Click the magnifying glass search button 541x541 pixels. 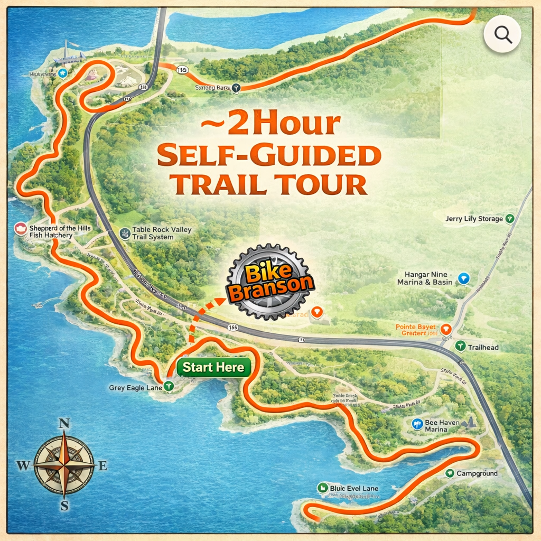click(x=502, y=35)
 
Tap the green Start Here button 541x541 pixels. click(x=213, y=368)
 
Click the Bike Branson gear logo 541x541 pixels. click(x=270, y=282)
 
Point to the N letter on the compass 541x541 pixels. click(x=64, y=424)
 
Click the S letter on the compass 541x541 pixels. click(x=64, y=506)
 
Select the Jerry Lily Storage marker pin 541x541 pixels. click(x=510, y=218)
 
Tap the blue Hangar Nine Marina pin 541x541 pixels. click(x=463, y=278)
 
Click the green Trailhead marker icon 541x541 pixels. click(x=460, y=347)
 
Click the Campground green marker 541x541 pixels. click(x=450, y=473)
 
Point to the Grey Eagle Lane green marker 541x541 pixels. click(x=169, y=387)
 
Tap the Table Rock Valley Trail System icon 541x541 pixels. click(x=124, y=234)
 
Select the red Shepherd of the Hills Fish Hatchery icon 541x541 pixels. click(x=21, y=229)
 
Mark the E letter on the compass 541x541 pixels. click(x=103, y=465)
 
